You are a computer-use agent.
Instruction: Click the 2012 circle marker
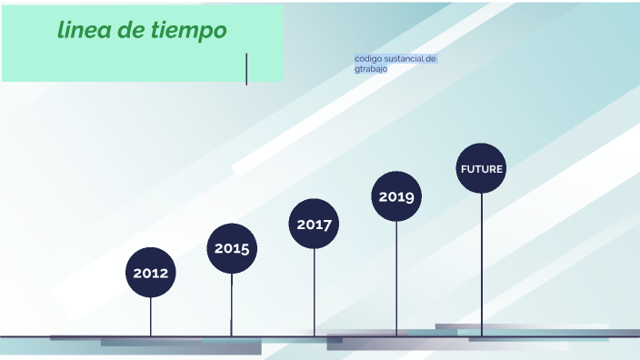(x=151, y=272)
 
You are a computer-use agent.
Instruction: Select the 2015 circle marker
(x=232, y=248)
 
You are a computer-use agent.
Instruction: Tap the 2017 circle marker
(x=315, y=224)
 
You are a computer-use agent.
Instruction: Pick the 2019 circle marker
(x=396, y=196)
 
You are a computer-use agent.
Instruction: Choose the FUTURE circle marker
(x=481, y=168)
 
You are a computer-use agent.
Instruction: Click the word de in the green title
(x=132, y=30)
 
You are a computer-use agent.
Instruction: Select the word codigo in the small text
(x=368, y=58)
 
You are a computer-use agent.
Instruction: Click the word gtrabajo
(x=371, y=68)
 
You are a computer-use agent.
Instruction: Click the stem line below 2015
(x=232, y=305)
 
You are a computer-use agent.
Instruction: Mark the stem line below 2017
(x=315, y=291)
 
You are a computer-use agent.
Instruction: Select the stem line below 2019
(x=396, y=277)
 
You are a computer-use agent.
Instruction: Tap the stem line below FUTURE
(x=482, y=264)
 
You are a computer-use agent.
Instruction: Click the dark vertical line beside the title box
(x=246, y=69)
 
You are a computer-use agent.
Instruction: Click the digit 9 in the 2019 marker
(x=410, y=196)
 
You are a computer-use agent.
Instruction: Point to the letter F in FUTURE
(x=464, y=169)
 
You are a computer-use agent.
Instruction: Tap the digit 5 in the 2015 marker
(x=245, y=248)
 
